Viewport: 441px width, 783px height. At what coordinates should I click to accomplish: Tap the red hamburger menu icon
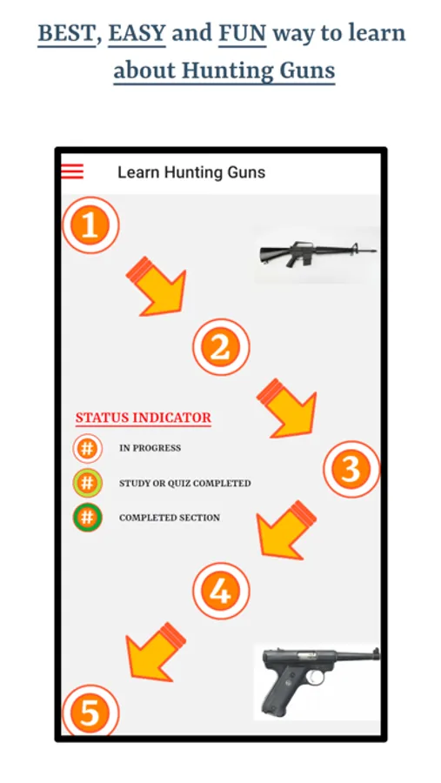pyautogui.click(x=72, y=171)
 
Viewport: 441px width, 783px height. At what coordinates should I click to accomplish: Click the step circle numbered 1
pyautogui.click(x=90, y=225)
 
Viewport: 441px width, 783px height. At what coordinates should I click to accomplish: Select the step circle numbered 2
pyautogui.click(x=221, y=347)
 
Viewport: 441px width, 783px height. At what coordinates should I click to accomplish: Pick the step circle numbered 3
pyautogui.click(x=351, y=469)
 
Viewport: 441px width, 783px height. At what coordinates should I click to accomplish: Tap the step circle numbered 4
pyautogui.click(x=221, y=591)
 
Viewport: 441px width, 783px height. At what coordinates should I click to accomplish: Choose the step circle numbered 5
pyautogui.click(x=90, y=710)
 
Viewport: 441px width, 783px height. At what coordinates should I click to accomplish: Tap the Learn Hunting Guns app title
pyautogui.click(x=191, y=172)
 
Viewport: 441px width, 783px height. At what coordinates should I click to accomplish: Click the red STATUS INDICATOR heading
pyautogui.click(x=144, y=418)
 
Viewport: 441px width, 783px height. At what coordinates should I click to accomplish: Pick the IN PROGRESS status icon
pyautogui.click(x=87, y=448)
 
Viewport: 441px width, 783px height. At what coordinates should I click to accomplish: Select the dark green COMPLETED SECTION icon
pyautogui.click(x=87, y=518)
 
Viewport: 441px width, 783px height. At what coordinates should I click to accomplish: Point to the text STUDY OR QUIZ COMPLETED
pyautogui.click(x=184, y=484)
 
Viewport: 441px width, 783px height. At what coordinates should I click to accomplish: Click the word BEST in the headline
pyautogui.click(x=66, y=34)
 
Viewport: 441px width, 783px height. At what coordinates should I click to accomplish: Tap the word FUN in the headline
pyautogui.click(x=243, y=34)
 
